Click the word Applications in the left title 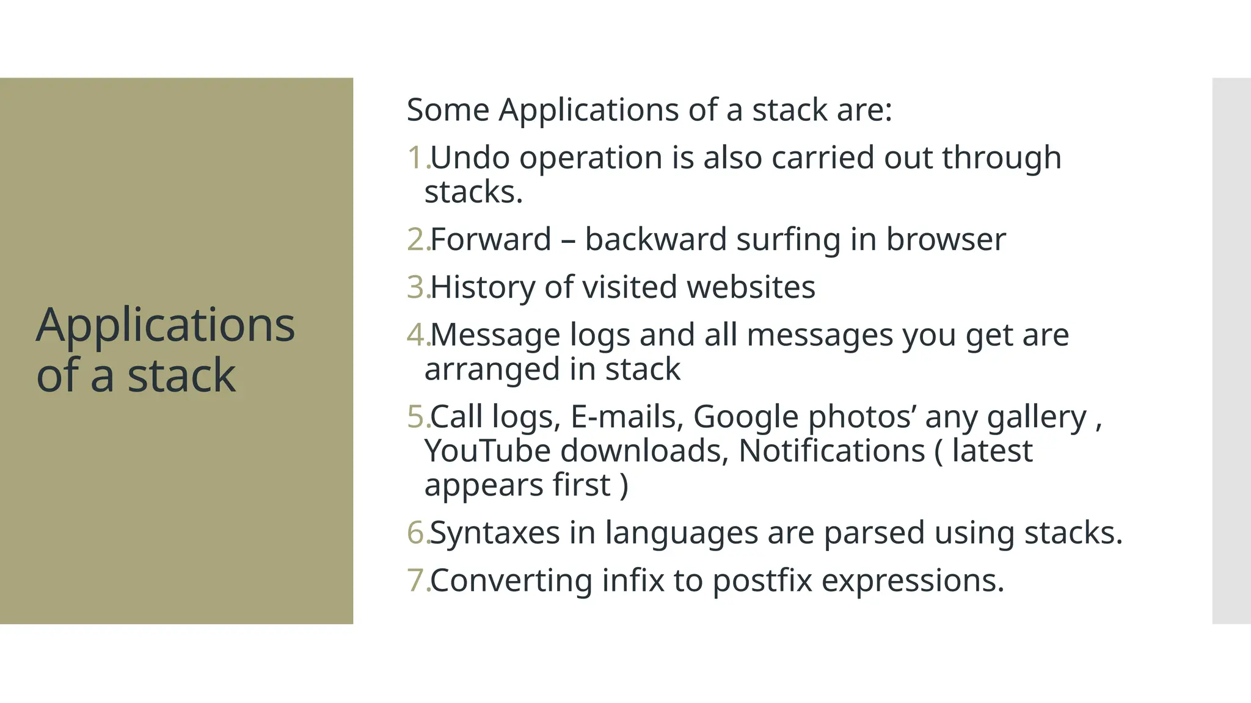[x=166, y=326]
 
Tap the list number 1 [x=416, y=157]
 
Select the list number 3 [x=416, y=287]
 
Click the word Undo [x=470, y=157]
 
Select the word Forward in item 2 [x=491, y=239]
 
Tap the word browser [x=945, y=239]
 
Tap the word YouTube [x=487, y=451]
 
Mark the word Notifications [x=831, y=451]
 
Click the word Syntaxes [x=495, y=533]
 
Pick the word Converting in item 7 [x=511, y=580]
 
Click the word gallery [x=1037, y=418]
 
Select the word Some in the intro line [x=448, y=110]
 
